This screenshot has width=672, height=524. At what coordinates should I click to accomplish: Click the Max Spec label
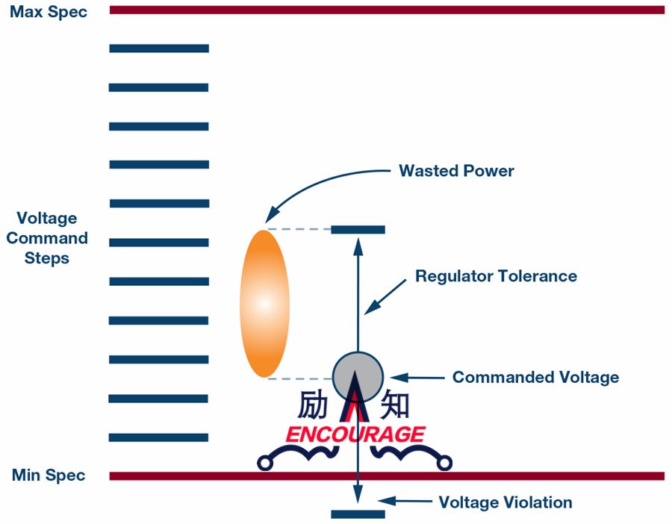click(x=49, y=13)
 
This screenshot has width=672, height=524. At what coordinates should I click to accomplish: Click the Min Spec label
click(x=49, y=475)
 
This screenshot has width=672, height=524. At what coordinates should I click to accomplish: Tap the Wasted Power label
click(x=456, y=171)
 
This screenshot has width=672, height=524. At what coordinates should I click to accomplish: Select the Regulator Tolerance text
click(x=496, y=276)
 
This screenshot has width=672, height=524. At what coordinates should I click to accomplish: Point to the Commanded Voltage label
click(x=535, y=377)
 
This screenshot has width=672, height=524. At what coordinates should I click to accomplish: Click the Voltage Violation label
click(x=505, y=502)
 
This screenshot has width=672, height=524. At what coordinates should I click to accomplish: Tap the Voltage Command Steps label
click(x=47, y=238)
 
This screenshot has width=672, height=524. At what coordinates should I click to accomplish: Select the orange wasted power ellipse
click(x=264, y=303)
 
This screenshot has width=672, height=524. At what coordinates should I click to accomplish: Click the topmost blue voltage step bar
click(x=159, y=49)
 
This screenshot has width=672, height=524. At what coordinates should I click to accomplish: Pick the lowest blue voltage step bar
click(x=159, y=437)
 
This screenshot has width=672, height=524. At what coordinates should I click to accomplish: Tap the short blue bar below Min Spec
click(x=358, y=514)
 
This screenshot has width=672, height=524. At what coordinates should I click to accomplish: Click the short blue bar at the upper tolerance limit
click(x=358, y=230)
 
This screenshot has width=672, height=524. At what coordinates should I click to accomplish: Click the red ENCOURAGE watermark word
click(x=355, y=434)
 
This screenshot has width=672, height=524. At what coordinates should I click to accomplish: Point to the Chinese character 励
click(x=313, y=405)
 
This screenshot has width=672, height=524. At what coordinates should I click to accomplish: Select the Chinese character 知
click(x=394, y=405)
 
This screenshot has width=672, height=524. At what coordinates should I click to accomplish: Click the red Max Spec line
click(x=387, y=10)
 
